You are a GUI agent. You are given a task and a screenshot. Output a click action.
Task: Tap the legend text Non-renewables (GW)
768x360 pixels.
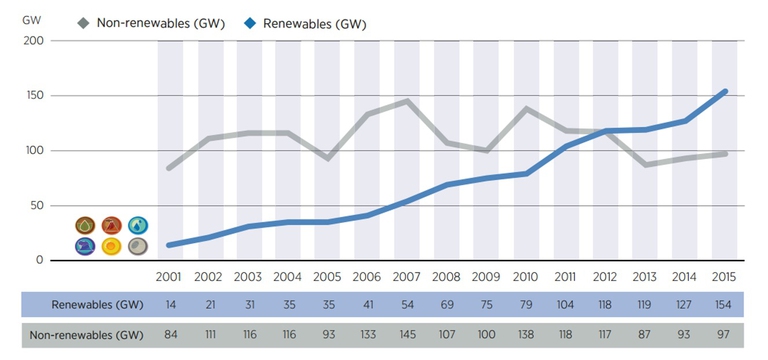point(159,21)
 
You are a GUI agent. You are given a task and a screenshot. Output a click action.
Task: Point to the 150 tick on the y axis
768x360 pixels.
point(35,96)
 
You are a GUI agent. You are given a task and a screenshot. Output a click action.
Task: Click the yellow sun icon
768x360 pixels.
point(112,246)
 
